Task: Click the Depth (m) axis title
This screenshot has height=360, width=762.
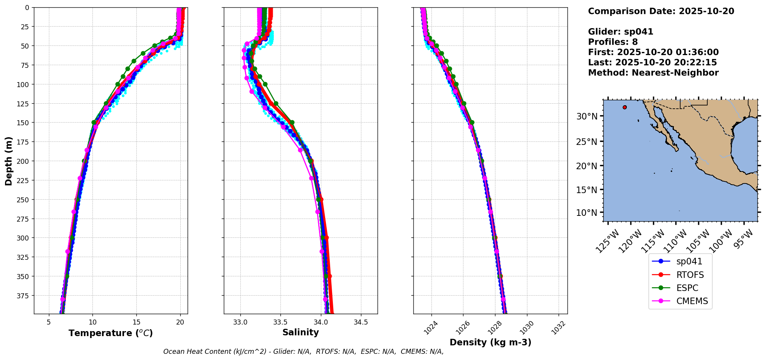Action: coord(8,161)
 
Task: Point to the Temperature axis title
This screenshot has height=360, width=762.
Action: coord(111,333)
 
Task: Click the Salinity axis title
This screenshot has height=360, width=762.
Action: coord(300,332)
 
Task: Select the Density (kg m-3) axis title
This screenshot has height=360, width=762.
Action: coord(490,342)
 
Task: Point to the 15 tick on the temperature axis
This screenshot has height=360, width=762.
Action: coord(136,322)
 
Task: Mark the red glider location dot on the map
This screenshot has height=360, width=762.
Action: coord(624,107)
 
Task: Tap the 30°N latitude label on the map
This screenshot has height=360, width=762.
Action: coord(586,116)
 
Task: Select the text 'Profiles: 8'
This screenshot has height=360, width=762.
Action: coord(613,42)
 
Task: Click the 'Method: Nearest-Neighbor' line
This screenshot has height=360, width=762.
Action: coord(653,73)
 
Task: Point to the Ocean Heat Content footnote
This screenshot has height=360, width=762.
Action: coord(303,352)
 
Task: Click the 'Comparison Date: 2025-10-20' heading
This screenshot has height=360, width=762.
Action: coord(661,11)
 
